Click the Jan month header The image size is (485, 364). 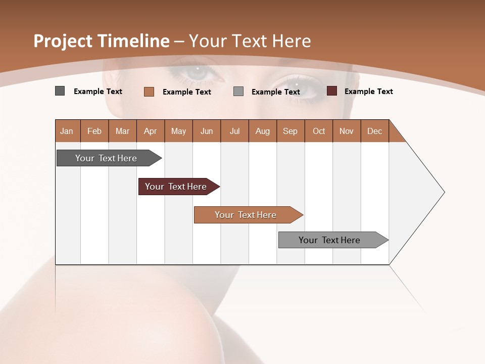pos(67,131)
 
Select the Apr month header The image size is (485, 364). pos(150,131)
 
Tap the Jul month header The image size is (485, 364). pos(234,131)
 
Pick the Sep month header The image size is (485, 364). pos(290,131)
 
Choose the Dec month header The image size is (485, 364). pos(374,131)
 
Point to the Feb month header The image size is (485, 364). pos(94,131)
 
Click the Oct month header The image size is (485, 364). pos(319,131)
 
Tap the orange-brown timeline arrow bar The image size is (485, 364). pos(246,215)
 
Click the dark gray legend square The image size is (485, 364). pos(60,91)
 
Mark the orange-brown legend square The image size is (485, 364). pos(149,92)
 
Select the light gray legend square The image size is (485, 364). pos(238,92)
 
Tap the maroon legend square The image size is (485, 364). pos(331,91)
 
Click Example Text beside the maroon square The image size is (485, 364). pos(368,92)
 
